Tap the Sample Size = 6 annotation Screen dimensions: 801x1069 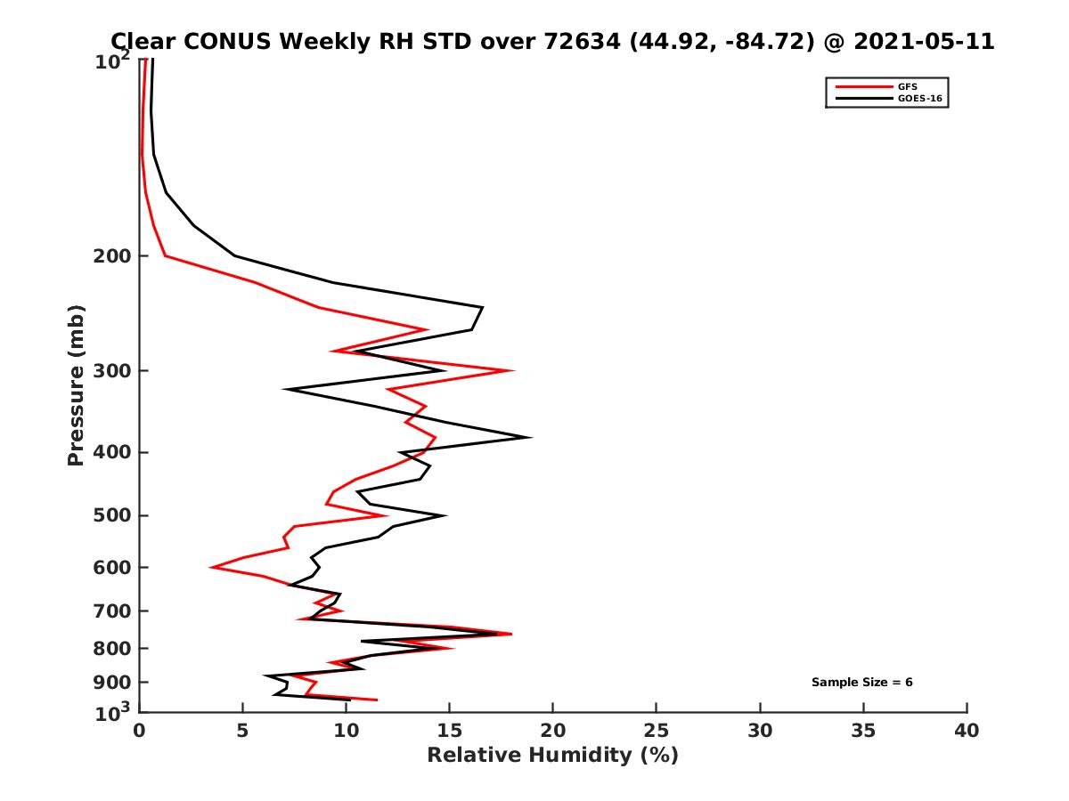pyautogui.click(x=861, y=683)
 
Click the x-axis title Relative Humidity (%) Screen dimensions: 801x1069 pyautogui.click(x=552, y=756)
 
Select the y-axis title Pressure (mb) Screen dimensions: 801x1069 pyautogui.click(x=76, y=385)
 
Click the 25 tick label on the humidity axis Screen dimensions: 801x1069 pyautogui.click(x=657, y=732)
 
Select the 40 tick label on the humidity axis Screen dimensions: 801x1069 pyautogui.click(x=967, y=732)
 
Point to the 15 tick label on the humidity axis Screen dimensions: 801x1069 pyautogui.click(x=450, y=732)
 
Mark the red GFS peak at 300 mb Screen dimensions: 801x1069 pyautogui.click(x=513, y=370)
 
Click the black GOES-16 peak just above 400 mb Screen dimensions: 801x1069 pyautogui.click(x=531, y=437)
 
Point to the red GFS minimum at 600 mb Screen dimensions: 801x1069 pyautogui.click(x=211, y=567)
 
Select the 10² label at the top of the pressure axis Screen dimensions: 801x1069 pyautogui.click(x=114, y=62)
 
